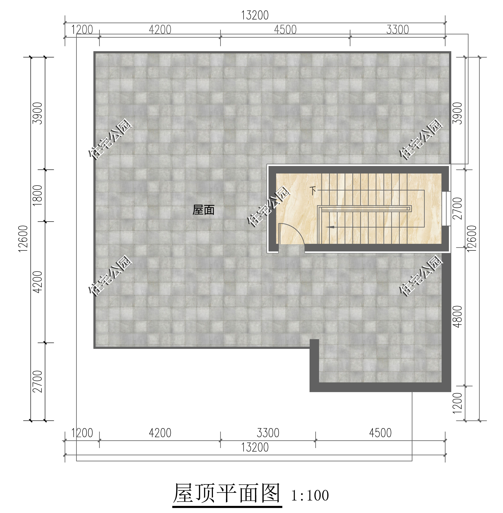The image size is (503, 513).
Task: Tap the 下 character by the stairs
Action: (x=313, y=190)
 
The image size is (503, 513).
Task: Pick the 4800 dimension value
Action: (x=457, y=317)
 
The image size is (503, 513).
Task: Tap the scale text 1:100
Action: (x=310, y=496)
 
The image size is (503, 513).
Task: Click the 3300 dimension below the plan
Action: (x=268, y=433)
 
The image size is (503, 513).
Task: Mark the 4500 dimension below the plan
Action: (x=380, y=433)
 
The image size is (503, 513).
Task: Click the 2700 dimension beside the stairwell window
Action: (x=457, y=208)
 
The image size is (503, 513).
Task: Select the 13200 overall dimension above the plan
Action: (x=255, y=15)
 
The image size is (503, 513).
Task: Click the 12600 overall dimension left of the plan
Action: (x=23, y=239)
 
